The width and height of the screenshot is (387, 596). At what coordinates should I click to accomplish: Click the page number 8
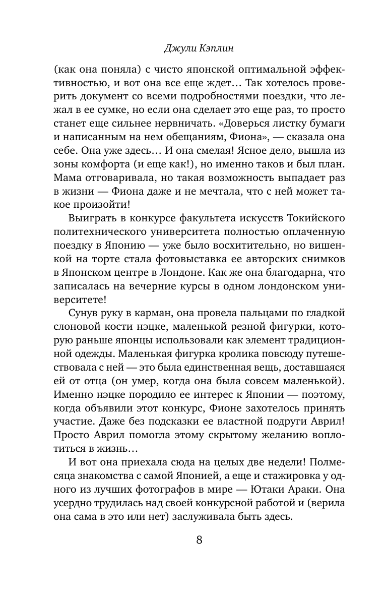pos(199,541)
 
